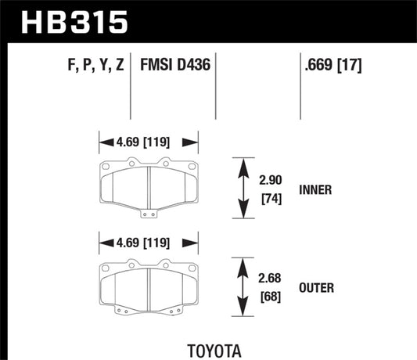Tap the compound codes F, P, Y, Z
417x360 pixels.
91,64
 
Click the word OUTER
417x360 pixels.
316,288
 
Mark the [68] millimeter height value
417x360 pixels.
271,298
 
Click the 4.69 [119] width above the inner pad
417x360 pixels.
147,143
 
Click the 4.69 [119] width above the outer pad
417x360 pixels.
147,242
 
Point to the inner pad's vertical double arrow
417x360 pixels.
238,189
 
